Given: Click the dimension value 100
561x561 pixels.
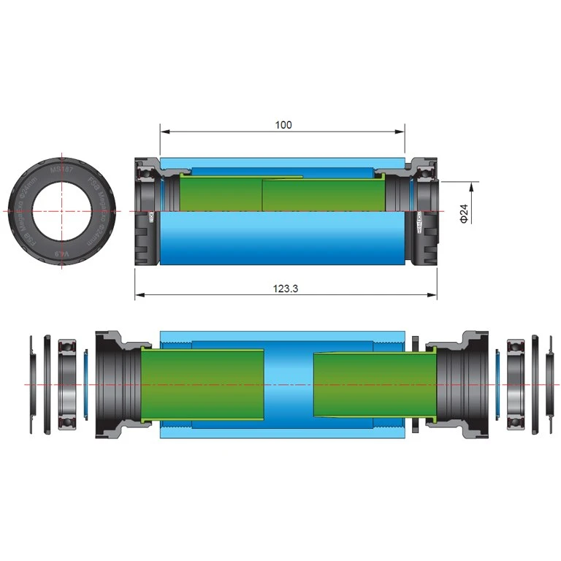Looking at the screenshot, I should [283, 125].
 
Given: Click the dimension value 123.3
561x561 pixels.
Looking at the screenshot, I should [285, 289].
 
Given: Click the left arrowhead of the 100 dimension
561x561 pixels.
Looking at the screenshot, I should [164, 132].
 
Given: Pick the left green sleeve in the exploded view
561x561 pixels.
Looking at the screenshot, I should [201, 384].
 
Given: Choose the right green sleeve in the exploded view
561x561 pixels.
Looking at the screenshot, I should [373, 384].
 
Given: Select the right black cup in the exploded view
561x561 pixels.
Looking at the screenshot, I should [457, 383].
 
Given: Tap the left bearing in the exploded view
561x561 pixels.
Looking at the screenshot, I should [68, 383].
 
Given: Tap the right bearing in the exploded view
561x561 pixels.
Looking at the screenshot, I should [516, 383].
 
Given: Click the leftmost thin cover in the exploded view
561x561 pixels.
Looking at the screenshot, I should [31, 383].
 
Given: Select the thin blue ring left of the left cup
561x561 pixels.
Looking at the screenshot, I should [86, 383].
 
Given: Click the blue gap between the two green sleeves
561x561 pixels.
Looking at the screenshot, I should [289, 383].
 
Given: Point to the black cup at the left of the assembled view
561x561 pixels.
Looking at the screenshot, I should [145, 212].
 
